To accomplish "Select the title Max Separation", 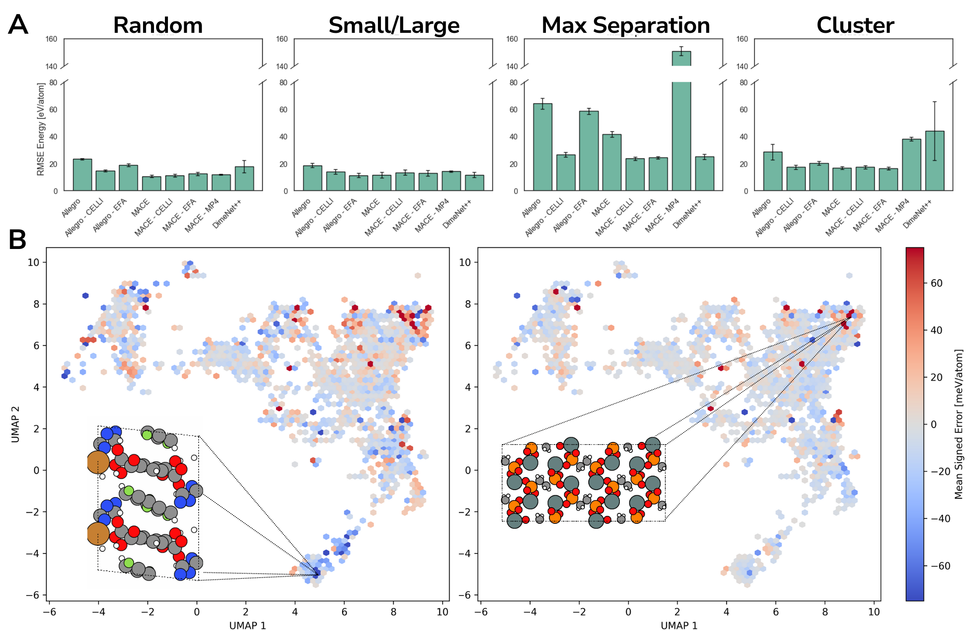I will click(x=626, y=25).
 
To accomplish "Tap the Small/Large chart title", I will click(x=394, y=25).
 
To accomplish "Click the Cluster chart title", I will click(x=855, y=25).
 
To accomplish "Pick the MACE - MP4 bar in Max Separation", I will click(x=681, y=131).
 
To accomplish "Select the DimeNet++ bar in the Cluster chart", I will click(x=934, y=161).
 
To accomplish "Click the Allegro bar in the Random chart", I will click(x=82, y=175).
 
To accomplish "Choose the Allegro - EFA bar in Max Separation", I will click(x=589, y=151).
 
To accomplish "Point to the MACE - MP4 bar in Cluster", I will click(x=911, y=165).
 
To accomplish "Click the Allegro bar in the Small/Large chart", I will click(x=312, y=178).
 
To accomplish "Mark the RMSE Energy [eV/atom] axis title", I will click(x=41, y=129).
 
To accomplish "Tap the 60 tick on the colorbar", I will click(x=937, y=283).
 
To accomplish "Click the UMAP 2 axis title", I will click(x=16, y=424).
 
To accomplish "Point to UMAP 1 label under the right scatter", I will click(x=679, y=625).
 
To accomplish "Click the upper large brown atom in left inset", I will click(x=98, y=463).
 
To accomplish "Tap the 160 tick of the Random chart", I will click(x=51, y=39).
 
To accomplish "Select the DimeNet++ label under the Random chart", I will click(x=227, y=214).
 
